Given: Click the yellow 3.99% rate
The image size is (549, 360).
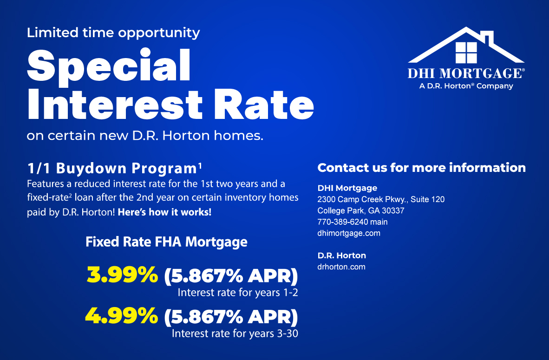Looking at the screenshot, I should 122,275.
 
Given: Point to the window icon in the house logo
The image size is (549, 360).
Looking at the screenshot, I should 466,52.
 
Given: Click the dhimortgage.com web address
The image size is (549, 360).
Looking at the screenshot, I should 349,233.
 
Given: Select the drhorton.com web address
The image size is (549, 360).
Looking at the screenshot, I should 341,267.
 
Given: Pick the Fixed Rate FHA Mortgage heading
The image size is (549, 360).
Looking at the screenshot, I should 166,242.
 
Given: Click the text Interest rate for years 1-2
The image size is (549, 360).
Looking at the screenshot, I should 237,293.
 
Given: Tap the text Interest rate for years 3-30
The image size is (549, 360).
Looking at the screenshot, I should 235,334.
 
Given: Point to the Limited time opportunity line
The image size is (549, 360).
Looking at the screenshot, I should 113,33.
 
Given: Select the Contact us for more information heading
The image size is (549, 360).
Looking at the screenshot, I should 421,168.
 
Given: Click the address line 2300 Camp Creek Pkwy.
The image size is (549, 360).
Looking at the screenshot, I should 381,199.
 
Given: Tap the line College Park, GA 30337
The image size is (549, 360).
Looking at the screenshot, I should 361,210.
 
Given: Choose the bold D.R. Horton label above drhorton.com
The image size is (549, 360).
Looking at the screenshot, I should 341,255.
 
